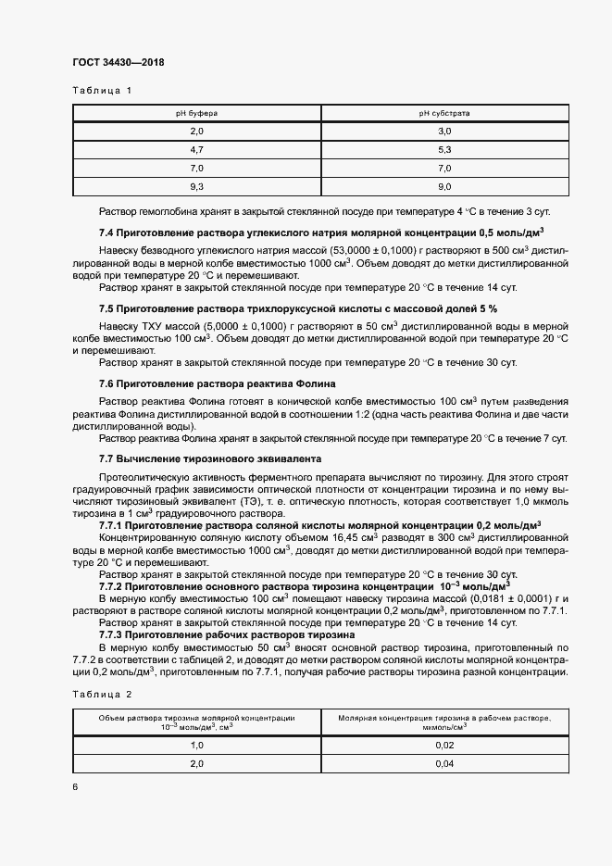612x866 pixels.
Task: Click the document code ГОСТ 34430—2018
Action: tap(119, 62)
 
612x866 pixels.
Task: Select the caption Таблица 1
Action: tap(102, 90)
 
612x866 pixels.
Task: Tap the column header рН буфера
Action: tap(196, 113)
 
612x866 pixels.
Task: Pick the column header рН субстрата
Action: tap(444, 113)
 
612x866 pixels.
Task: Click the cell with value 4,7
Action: tap(196, 149)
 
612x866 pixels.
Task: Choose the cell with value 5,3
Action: tap(444, 149)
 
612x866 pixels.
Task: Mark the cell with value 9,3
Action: tap(196, 186)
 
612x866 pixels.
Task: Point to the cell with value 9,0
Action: tap(444, 186)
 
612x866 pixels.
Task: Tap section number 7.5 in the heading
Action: tap(106, 307)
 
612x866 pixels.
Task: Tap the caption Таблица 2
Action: tap(102, 694)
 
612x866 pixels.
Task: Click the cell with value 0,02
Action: tap(444, 745)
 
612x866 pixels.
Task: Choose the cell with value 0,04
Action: tap(444, 763)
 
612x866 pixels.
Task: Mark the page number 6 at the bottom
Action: tap(75, 787)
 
